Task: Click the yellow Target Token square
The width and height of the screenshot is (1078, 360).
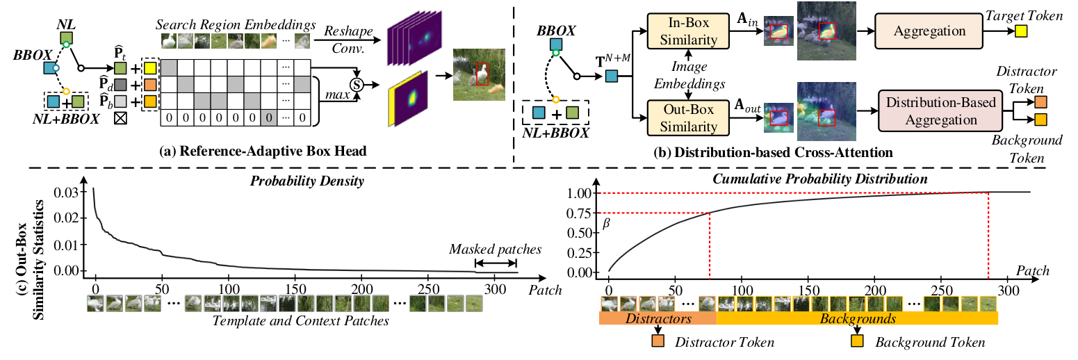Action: pyautogui.click(x=1021, y=31)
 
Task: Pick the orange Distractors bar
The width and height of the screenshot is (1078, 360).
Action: pyautogui.click(x=657, y=318)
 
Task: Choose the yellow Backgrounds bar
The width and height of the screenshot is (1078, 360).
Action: pyautogui.click(x=856, y=318)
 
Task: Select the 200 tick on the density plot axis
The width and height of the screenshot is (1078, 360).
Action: pyautogui.click(x=361, y=287)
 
